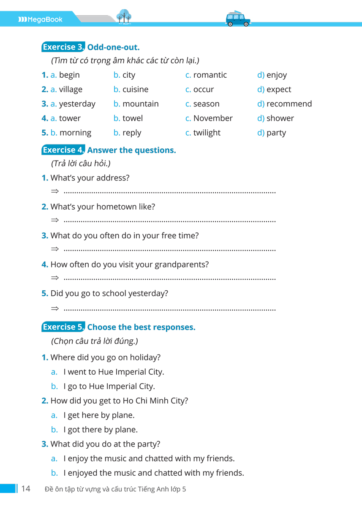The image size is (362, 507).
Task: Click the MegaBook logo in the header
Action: click(x=40, y=19)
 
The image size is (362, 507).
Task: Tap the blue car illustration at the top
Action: click(x=238, y=19)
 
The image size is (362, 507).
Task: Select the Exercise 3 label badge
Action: click(x=63, y=47)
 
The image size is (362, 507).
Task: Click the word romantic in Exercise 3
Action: click(x=210, y=75)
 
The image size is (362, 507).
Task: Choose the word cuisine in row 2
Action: click(x=135, y=90)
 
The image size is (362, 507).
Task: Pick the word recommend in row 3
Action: click(x=289, y=104)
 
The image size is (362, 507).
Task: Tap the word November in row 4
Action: click(x=213, y=118)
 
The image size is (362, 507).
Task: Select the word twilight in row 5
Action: click(x=207, y=133)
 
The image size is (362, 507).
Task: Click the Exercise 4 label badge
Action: click(x=63, y=150)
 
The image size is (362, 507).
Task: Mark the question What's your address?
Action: click(x=90, y=178)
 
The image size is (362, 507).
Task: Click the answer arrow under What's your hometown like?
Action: click(x=54, y=221)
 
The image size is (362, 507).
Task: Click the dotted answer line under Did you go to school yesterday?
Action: click(x=169, y=310)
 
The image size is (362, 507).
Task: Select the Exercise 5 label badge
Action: click(x=63, y=327)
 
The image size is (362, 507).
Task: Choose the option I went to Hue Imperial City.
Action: click(x=114, y=372)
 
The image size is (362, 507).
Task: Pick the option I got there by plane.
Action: click(x=101, y=430)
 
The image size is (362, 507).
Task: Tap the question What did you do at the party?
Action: click(x=105, y=444)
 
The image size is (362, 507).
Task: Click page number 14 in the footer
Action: click(x=25, y=489)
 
